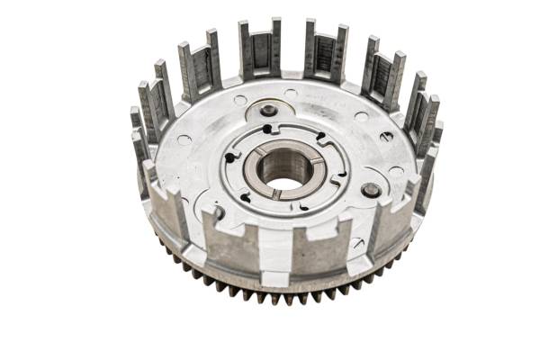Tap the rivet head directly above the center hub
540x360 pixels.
(x=268, y=111)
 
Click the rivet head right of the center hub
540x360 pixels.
(x=370, y=190)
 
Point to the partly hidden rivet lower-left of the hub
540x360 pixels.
(x=217, y=212)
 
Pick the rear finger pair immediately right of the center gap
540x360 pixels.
(x=325, y=52)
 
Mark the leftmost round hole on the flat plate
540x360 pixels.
(x=184, y=139)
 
